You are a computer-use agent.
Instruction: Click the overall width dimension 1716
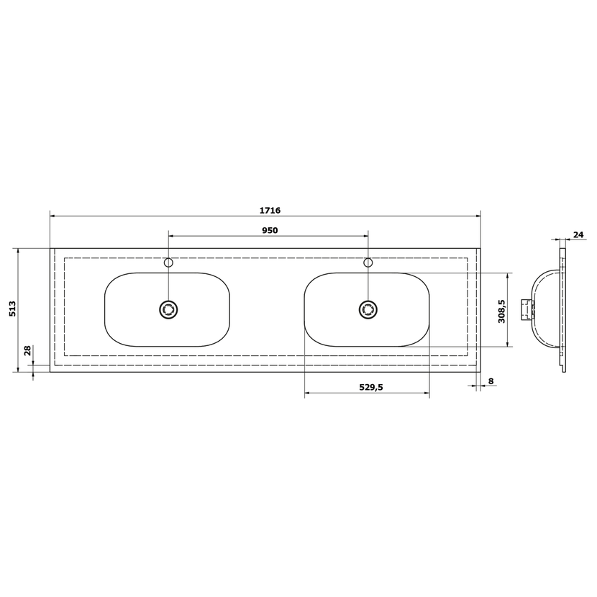coord(270,210)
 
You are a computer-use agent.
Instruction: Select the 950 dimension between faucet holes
coord(270,230)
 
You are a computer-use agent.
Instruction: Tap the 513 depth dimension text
coord(12,309)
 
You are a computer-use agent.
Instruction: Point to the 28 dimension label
coord(27,350)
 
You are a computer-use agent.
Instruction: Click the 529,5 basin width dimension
coord(371,387)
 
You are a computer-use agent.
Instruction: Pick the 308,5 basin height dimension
coord(501,311)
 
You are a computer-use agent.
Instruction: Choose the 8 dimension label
coord(491,381)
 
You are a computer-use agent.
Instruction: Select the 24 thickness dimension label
coord(578,235)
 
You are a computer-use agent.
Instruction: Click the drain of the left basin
coord(168,309)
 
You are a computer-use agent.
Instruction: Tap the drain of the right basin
coord(368,309)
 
